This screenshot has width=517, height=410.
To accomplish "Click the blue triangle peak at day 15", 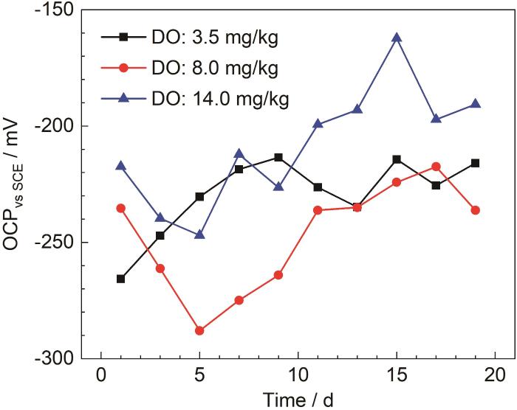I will [397, 38].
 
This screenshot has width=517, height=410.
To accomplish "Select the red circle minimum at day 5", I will [199, 330].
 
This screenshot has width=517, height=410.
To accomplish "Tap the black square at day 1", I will [120, 279].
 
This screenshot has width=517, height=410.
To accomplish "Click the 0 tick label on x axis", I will [100, 374].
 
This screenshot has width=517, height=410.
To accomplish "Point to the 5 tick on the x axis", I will [199, 374].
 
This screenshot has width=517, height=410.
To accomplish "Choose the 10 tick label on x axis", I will [298, 374].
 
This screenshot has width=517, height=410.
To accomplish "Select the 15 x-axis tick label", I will [397, 374].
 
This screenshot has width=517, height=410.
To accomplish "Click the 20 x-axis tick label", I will [495, 374].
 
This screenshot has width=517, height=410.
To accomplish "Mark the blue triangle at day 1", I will [120, 166].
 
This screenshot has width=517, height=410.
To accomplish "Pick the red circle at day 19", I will [476, 210].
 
